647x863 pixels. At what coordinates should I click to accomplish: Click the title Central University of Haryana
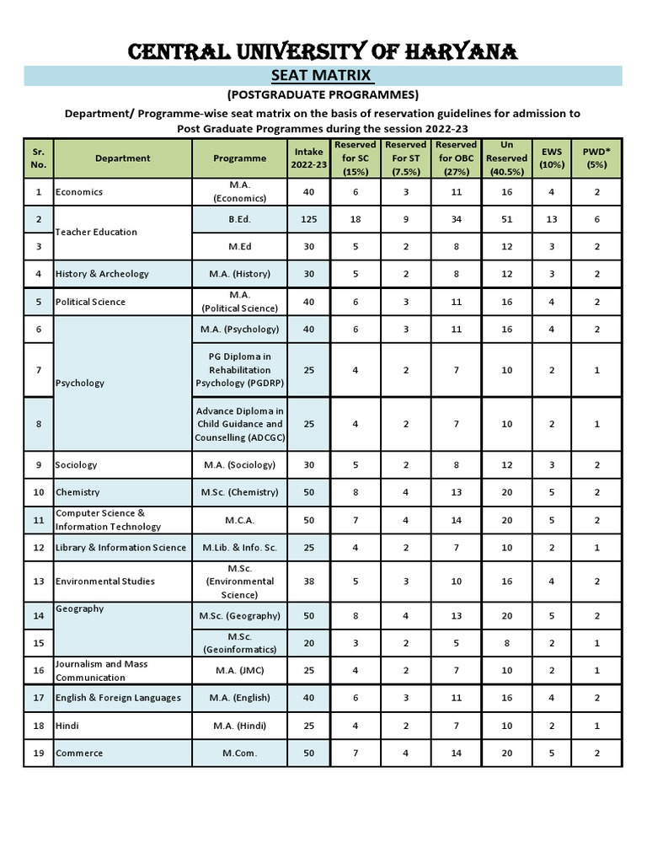[323, 53]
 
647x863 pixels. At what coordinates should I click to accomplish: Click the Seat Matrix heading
[323, 76]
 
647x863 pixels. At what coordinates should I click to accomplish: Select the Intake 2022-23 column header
[308, 158]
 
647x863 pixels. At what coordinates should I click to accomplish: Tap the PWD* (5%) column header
[596, 158]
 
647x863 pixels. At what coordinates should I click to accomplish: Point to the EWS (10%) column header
[552, 158]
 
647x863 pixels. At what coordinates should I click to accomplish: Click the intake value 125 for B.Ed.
[308, 218]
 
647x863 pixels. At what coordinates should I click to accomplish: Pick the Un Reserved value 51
[506, 218]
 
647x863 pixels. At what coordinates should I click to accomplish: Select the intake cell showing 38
[308, 582]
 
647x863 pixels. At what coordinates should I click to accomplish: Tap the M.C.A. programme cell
[239, 520]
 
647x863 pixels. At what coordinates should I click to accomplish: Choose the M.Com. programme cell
[239, 753]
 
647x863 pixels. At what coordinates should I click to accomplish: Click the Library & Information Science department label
[120, 548]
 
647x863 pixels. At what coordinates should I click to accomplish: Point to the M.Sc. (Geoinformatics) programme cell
[239, 643]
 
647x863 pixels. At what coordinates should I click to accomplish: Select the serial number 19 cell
[38, 753]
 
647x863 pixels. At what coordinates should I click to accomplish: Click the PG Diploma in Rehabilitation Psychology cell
[239, 370]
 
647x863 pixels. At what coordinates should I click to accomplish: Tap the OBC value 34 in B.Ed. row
[456, 218]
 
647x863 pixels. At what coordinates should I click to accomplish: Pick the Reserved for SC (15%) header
[355, 158]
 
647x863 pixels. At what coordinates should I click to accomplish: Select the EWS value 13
[552, 218]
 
